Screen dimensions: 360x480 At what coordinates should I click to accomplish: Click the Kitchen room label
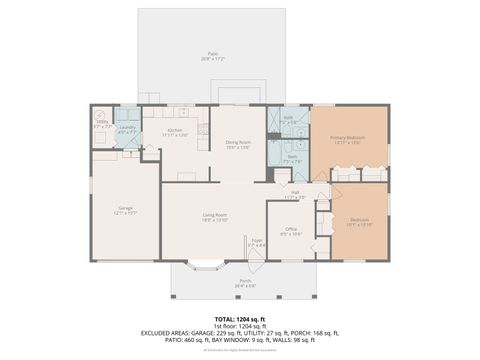coord(176,131)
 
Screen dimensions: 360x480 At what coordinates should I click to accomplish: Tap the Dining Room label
coord(236,144)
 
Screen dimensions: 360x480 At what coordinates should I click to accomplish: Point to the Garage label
coord(126,208)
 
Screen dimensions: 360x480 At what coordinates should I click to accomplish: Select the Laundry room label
coord(127,128)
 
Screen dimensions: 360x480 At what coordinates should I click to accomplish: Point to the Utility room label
coord(103,125)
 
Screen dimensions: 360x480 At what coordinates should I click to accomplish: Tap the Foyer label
coord(257,241)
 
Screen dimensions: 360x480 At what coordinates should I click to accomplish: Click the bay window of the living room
coord(207,266)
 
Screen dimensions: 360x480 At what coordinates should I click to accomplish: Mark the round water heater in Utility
coord(100,114)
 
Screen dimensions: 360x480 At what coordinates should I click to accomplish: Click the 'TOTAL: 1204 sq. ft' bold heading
coord(239,317)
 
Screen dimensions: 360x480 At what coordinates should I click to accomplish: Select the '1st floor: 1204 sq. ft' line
coord(239,325)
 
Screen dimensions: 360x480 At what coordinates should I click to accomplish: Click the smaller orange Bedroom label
coord(358,221)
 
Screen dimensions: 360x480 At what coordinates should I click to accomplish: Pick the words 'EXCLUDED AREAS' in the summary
coord(166,333)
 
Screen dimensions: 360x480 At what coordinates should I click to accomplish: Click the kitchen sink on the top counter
coord(180,111)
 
